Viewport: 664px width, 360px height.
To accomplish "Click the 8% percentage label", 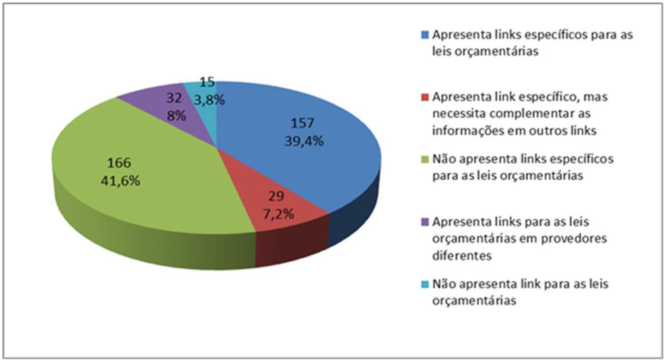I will click(x=176, y=116).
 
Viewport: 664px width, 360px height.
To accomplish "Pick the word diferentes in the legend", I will click(x=462, y=255).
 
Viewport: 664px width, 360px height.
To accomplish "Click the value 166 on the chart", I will click(x=119, y=163).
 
